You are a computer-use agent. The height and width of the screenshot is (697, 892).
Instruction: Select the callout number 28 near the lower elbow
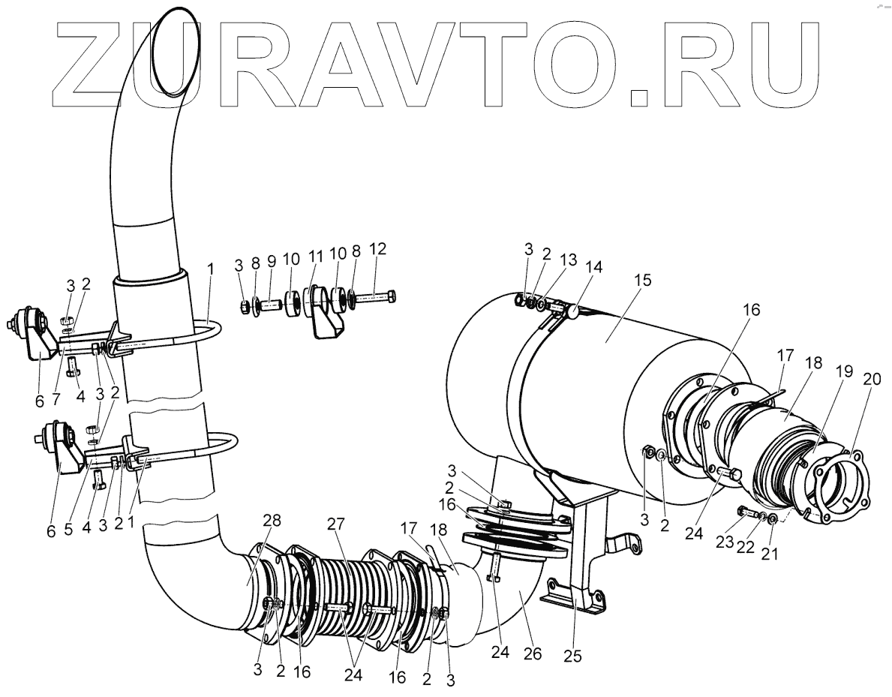pyautogui.click(x=272, y=521)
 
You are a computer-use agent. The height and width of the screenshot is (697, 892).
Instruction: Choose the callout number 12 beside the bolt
pyautogui.click(x=377, y=248)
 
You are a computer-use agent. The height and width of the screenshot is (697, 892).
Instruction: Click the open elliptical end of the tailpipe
pyautogui.click(x=176, y=51)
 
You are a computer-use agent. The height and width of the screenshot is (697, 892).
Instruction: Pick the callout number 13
pyautogui.click(x=569, y=260)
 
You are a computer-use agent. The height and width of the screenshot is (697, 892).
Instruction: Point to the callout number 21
pyautogui.click(x=770, y=554)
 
